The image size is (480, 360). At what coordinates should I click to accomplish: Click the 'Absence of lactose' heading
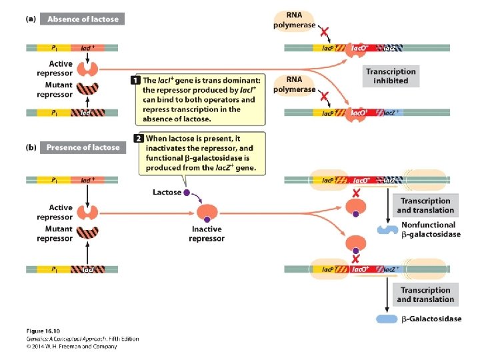[83, 19]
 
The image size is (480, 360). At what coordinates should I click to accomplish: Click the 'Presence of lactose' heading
[83, 147]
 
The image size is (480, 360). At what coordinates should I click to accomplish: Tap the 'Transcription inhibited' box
[391, 76]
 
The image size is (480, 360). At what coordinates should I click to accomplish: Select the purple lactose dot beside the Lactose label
[187, 193]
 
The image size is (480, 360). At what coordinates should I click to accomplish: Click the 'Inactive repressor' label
[206, 234]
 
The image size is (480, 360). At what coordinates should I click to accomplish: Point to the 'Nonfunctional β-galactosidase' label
[431, 230]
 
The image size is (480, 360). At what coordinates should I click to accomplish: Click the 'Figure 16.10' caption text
[44, 331]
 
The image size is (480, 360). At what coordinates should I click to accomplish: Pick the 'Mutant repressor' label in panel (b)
[55, 233]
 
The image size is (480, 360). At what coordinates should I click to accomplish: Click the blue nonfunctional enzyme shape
[386, 229]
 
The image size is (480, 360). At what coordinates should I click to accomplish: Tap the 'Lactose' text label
[167, 193]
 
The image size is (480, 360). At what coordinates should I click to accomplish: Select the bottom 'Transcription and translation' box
[425, 295]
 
